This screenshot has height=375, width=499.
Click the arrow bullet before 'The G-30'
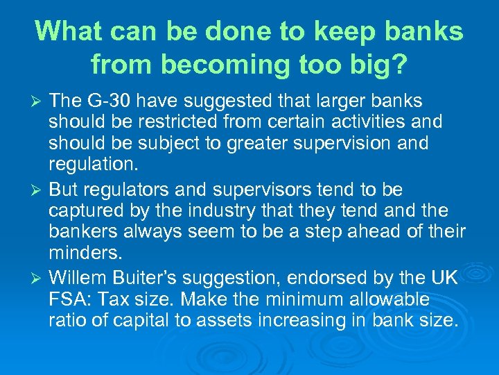point(38,102)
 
